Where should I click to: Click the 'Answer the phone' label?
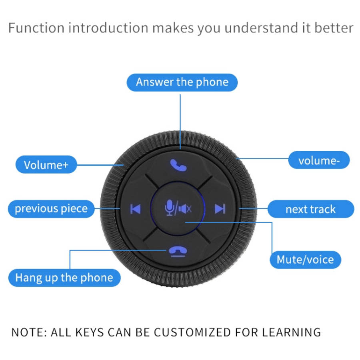(182, 82)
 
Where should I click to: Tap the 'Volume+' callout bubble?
(46, 165)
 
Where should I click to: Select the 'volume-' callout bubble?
(319, 160)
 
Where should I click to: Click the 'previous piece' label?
(51, 209)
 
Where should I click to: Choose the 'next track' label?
(311, 209)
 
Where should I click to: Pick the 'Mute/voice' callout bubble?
(305, 260)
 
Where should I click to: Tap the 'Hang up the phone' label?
(64, 278)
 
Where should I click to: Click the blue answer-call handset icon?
(178, 165)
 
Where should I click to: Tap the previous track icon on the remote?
(136, 209)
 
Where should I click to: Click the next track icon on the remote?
(220, 209)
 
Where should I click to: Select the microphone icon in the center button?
(170, 208)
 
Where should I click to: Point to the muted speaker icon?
(185, 209)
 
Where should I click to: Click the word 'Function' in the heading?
(36, 28)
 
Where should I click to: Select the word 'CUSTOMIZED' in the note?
(192, 332)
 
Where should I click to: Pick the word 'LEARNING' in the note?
(292, 332)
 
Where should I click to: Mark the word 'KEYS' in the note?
(90, 332)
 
